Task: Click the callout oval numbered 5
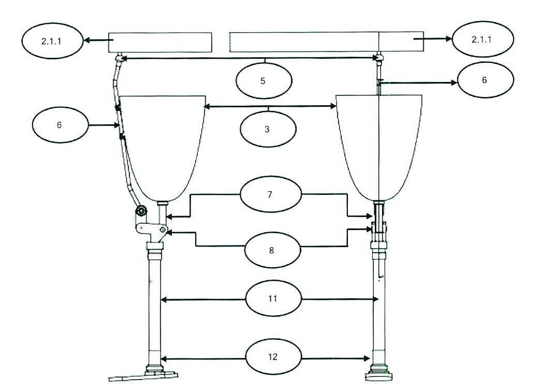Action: pos(264,80)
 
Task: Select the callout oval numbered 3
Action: pos(268,129)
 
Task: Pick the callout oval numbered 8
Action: pos(273,250)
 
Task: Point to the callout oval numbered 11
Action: pos(274,298)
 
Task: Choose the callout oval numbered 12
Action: pos(274,356)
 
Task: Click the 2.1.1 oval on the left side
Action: pos(53,41)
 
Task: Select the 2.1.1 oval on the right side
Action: pos(483,39)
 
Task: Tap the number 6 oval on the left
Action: pos(60,125)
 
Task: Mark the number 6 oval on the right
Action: pos(485,80)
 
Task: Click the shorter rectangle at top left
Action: pos(160,42)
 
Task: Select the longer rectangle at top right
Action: pos(327,42)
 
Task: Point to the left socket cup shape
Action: pos(162,148)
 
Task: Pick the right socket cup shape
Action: pos(379,148)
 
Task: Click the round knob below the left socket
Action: pos(141,210)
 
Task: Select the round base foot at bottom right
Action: pos(379,375)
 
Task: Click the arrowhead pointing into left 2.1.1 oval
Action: pos(87,40)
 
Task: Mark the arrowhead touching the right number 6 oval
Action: pos(454,83)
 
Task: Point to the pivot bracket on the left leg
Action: pos(151,230)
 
